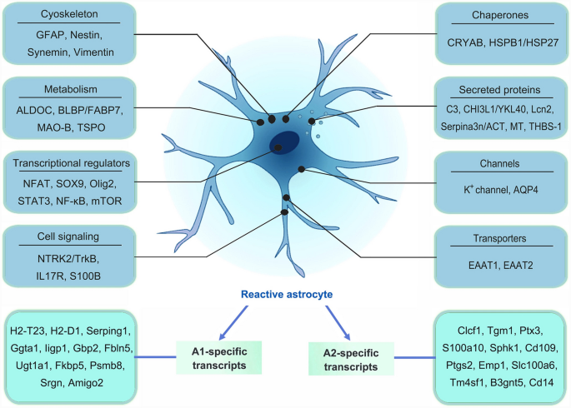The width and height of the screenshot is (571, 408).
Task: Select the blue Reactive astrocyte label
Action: pos(285,295)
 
